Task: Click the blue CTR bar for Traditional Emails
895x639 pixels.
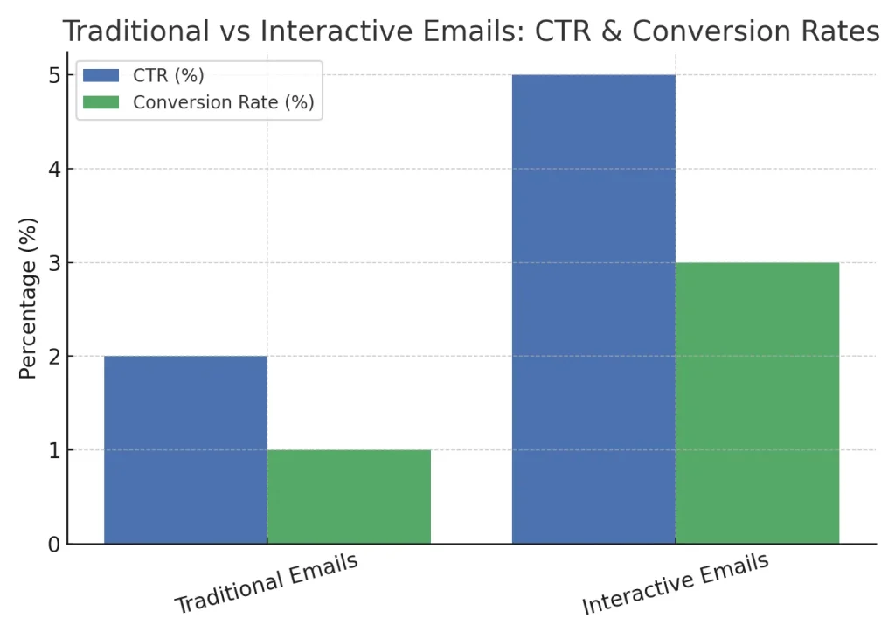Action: pyautogui.click(x=185, y=449)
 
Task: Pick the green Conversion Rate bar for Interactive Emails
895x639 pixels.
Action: pyautogui.click(x=757, y=403)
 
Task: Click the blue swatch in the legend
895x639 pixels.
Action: pyautogui.click(x=101, y=75)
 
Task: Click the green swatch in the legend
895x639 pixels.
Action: pyautogui.click(x=101, y=102)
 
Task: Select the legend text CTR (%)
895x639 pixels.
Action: pyautogui.click(x=168, y=75)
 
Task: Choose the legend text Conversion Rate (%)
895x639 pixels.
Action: pyautogui.click(x=223, y=102)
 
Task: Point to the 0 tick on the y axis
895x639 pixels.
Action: pyautogui.click(x=53, y=545)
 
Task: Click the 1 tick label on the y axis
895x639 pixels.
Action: pyautogui.click(x=53, y=450)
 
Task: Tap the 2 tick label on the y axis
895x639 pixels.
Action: pyautogui.click(x=53, y=357)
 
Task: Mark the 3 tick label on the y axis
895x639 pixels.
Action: pyautogui.click(x=53, y=263)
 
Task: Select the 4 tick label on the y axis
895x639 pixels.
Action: pyautogui.click(x=53, y=169)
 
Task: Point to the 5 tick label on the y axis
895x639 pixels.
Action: pyautogui.click(x=53, y=75)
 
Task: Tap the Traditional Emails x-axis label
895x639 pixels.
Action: pyautogui.click(x=267, y=583)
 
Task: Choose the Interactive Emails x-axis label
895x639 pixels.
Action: pyautogui.click(x=675, y=583)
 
